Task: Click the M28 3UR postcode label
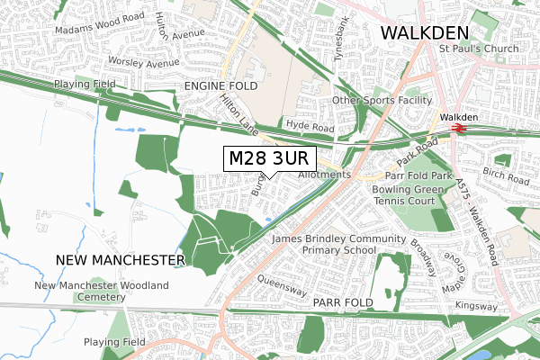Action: click(x=268, y=158)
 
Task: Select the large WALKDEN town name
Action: click(x=426, y=32)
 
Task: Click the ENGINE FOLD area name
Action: click(x=220, y=85)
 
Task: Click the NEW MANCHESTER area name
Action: click(x=120, y=259)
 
